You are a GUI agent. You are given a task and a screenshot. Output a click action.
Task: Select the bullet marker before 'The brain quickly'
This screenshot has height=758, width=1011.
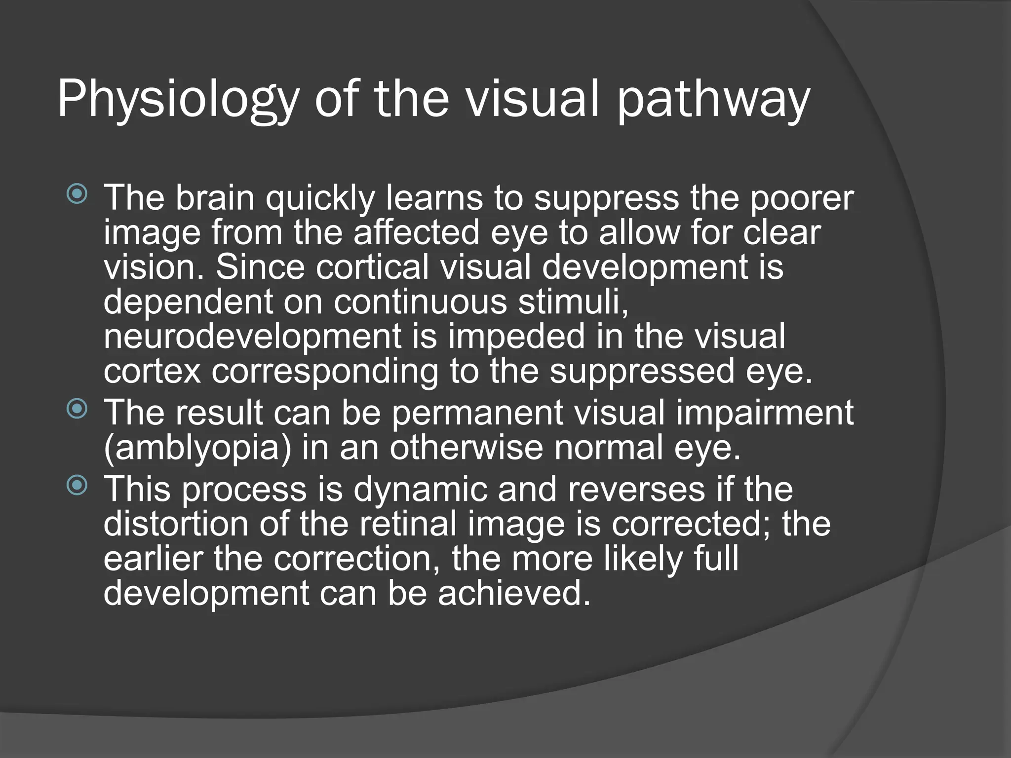click(x=77, y=194)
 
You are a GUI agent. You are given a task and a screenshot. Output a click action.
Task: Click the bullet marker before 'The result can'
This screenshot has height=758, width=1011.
click(x=77, y=409)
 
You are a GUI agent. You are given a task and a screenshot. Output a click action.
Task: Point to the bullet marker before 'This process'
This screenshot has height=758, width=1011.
click(x=77, y=486)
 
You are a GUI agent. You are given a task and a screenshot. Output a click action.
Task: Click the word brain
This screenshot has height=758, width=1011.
click(x=215, y=197)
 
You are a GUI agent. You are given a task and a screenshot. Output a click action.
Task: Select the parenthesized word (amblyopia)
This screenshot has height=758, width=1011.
click(x=197, y=447)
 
